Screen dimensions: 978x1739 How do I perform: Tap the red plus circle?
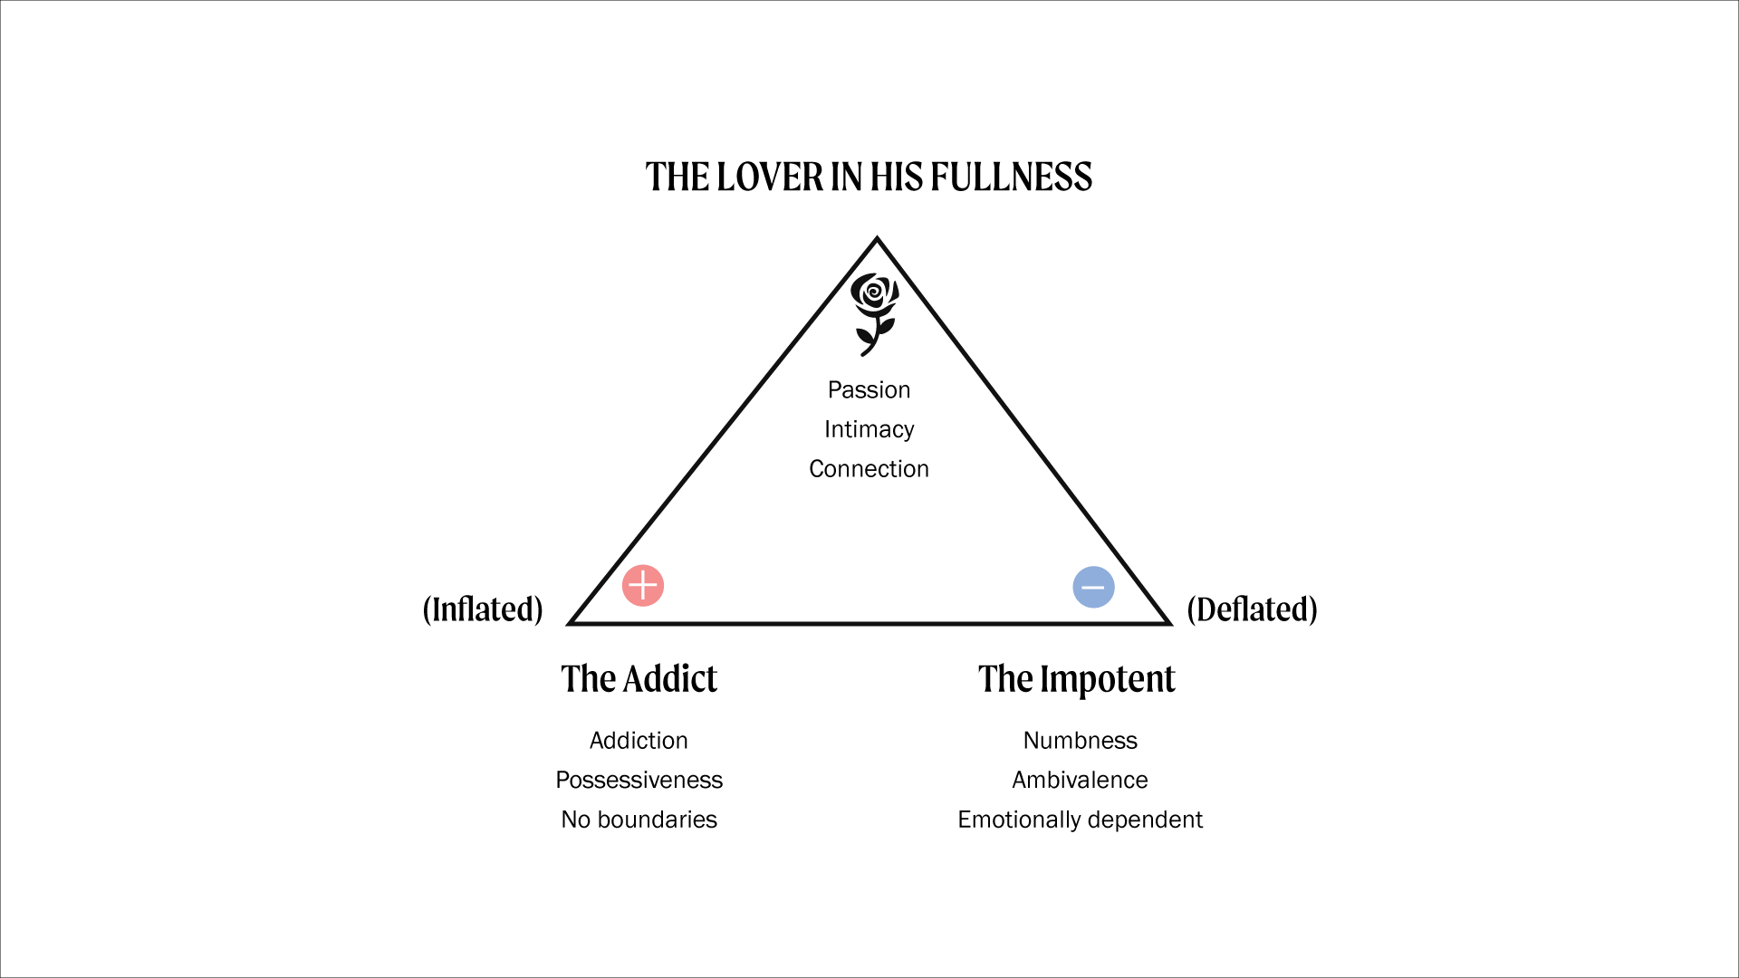[643, 586]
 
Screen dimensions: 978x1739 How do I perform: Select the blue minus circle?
[1093, 587]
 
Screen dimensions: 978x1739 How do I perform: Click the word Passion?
[869, 390]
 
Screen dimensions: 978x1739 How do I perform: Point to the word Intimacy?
[869, 429]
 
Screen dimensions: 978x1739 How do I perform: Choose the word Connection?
[869, 469]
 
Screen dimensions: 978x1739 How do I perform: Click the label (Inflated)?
[483, 609]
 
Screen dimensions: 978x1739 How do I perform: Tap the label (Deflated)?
[1252, 609]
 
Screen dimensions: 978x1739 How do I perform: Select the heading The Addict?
[639, 679]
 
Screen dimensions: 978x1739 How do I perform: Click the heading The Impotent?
[1076, 679]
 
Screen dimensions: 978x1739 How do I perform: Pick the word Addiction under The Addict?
[639, 741]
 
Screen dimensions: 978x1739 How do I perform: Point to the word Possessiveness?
[639, 781]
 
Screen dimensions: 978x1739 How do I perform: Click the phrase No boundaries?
[639, 820]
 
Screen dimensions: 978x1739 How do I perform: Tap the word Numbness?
[1080, 741]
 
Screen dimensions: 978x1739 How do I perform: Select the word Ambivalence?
[1080, 781]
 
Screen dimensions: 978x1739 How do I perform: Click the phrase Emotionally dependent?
[1080, 820]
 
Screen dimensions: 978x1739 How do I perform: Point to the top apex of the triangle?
[877, 240]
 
